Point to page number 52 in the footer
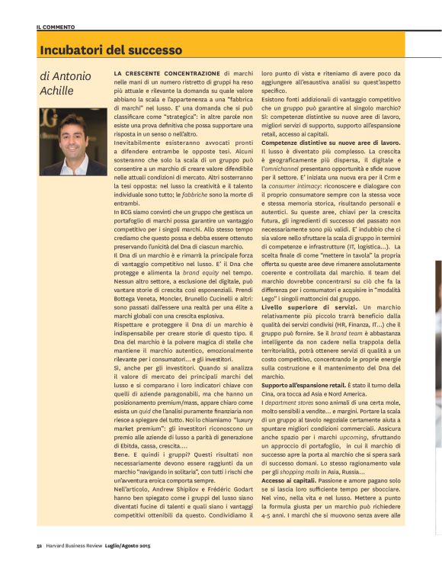click(x=39, y=545)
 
